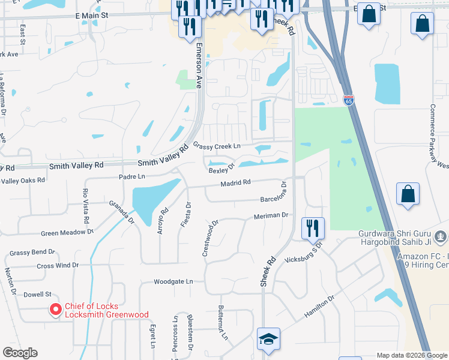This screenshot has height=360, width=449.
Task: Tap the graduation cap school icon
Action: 268,339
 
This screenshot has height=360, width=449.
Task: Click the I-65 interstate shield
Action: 348,100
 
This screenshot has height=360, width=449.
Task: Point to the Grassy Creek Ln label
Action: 217,146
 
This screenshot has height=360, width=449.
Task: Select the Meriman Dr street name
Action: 271,215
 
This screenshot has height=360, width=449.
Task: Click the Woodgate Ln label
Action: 173,281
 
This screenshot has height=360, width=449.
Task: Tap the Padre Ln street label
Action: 132,176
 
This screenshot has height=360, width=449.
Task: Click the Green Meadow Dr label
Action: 67,232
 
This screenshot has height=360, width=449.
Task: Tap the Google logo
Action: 20,353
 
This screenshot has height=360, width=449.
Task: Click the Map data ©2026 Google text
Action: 411,355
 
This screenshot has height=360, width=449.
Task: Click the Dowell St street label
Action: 38,295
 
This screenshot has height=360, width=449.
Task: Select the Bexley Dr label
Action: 221,170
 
